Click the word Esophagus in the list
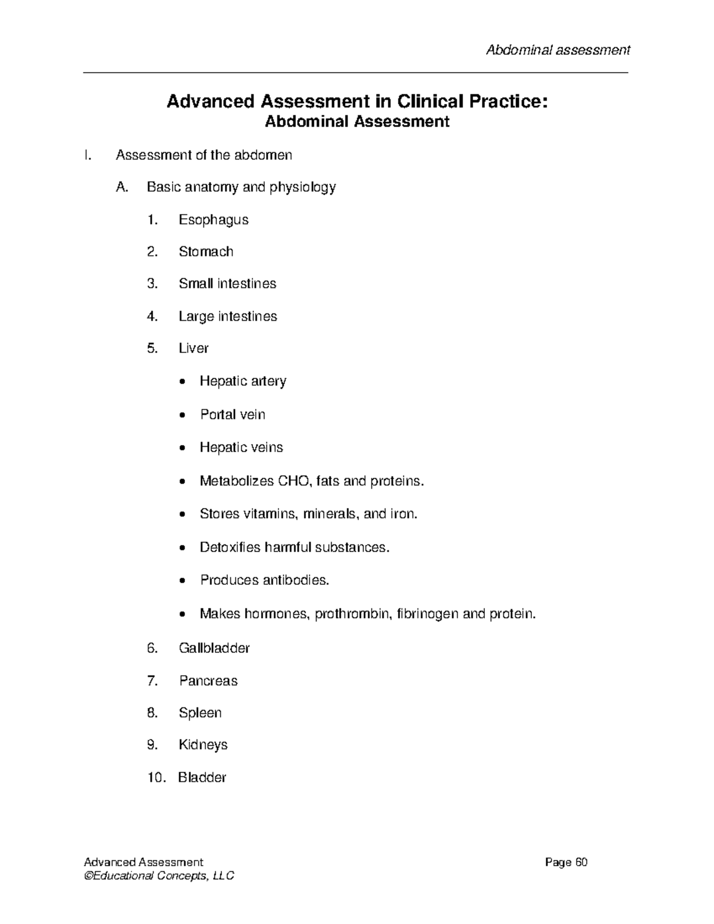point(213,220)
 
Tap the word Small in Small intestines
point(196,284)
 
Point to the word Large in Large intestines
point(196,317)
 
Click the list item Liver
point(193,349)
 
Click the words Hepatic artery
point(243,381)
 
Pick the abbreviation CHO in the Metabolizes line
point(293,481)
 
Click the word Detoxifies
point(230,547)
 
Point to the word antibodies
point(296,580)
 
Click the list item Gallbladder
point(214,648)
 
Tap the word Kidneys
point(203,745)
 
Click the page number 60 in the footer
point(581,863)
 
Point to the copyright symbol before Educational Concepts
point(89,876)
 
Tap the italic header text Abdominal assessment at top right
point(558,50)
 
